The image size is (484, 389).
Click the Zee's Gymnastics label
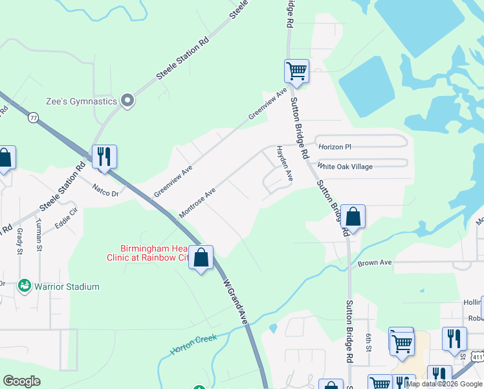click(x=82, y=101)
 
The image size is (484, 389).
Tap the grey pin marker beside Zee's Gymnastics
click(x=127, y=100)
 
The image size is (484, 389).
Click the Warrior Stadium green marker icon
click(x=25, y=286)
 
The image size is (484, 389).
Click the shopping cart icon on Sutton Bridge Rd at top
click(x=296, y=70)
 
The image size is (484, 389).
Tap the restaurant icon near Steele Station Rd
click(x=104, y=156)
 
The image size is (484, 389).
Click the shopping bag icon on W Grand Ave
click(x=201, y=257)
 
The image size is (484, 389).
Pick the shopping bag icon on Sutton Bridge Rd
click(x=353, y=215)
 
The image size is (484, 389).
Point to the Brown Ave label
click(x=375, y=263)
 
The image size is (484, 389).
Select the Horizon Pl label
click(x=334, y=147)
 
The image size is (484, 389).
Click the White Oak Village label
click(x=345, y=167)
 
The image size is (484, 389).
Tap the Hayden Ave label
click(x=285, y=163)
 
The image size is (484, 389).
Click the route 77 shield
click(x=33, y=117)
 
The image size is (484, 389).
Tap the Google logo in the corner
click(x=21, y=381)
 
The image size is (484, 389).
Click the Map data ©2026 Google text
click(x=444, y=384)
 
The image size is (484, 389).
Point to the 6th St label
click(x=368, y=340)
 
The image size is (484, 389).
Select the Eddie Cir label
click(x=66, y=217)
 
